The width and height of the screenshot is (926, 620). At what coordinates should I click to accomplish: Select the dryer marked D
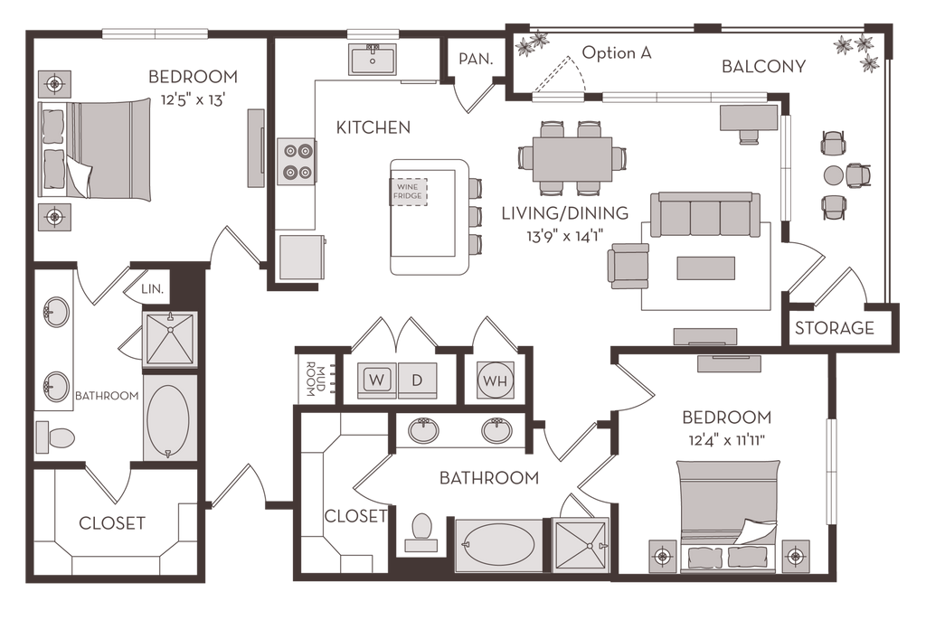pos(417,380)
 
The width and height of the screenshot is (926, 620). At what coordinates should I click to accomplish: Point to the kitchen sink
pos(373,60)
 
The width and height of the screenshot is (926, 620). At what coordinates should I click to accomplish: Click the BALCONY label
pos(764,66)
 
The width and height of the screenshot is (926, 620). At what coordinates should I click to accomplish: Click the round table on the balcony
pos(834,174)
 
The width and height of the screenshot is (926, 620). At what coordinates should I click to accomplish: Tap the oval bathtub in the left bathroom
pos(169,420)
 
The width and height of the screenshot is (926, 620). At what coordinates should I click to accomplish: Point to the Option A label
pos(616,53)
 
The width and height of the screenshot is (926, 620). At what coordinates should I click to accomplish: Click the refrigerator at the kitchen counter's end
pos(301,256)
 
